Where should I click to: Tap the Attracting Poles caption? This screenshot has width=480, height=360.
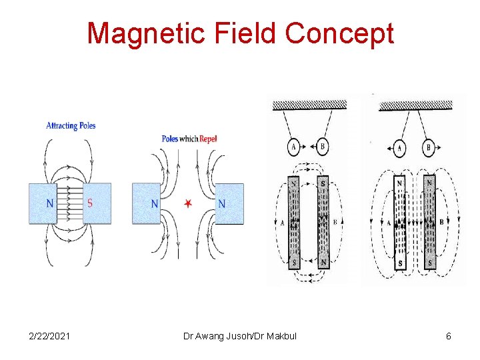point(71,125)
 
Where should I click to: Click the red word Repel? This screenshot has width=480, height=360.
point(208,139)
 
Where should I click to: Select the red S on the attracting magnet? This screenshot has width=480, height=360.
point(90,203)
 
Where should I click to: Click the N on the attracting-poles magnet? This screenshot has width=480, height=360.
point(50,203)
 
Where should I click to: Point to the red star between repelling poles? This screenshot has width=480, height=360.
point(188,203)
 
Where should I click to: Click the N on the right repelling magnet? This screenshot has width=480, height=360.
point(222,203)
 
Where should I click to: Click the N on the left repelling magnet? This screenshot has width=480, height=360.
point(155,203)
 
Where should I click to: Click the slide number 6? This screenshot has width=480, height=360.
point(449,336)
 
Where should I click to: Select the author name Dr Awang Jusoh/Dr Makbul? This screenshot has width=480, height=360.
point(239,336)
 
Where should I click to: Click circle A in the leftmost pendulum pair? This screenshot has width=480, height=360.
point(294,146)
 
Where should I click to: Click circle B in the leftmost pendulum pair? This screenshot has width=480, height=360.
point(323,146)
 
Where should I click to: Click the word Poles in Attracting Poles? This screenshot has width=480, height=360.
point(87,125)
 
